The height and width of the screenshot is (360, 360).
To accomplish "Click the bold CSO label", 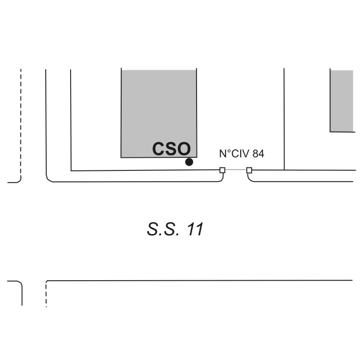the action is (x=171, y=149).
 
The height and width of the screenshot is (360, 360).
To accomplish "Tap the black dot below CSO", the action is (x=189, y=162).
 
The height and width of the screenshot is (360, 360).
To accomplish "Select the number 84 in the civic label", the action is (x=258, y=154).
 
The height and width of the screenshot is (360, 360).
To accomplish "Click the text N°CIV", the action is (x=234, y=154).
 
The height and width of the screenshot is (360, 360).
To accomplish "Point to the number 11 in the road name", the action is (x=195, y=229).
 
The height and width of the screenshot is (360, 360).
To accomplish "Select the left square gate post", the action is (x=222, y=170).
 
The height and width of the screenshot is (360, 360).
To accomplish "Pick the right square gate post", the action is (x=249, y=170).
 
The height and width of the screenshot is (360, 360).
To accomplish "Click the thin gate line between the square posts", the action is (x=236, y=170).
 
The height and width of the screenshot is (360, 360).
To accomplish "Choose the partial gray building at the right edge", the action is (x=342, y=101).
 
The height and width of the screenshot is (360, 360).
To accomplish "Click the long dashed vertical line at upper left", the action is (x=20, y=122).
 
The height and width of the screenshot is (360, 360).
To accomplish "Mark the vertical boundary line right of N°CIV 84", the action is (x=284, y=119).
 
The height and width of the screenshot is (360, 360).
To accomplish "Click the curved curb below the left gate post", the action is (x=221, y=178).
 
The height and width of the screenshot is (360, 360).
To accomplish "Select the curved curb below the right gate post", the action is (x=250, y=178).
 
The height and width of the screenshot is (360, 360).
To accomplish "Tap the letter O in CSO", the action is (x=183, y=149).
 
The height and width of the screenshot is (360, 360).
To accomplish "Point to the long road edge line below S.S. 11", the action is (x=199, y=281).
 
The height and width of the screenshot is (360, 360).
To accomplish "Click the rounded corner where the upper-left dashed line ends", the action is (x=19, y=180).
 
